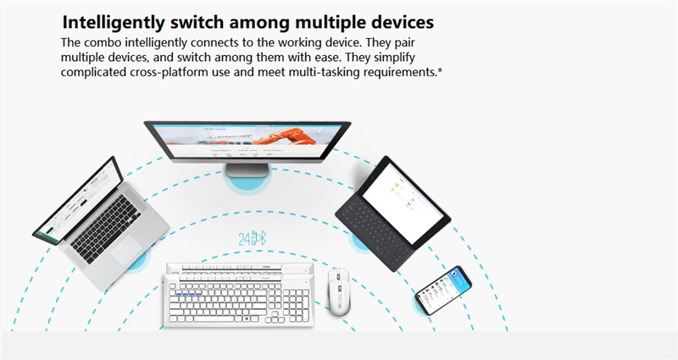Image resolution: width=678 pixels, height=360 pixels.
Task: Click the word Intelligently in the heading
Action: coord(114,23)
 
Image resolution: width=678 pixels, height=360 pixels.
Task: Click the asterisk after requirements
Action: coord(440,70)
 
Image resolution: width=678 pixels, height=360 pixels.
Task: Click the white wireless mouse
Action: coord(338,291)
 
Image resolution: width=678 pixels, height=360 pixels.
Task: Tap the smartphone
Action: coord(443,290)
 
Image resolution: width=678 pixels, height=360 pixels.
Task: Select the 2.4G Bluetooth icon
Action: coord(253,239)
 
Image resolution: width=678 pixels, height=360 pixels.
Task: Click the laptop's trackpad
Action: coord(126,250)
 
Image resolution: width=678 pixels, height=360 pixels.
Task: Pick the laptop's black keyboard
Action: coord(106,229)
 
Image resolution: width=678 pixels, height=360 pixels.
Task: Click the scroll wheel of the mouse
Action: coord(338,278)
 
